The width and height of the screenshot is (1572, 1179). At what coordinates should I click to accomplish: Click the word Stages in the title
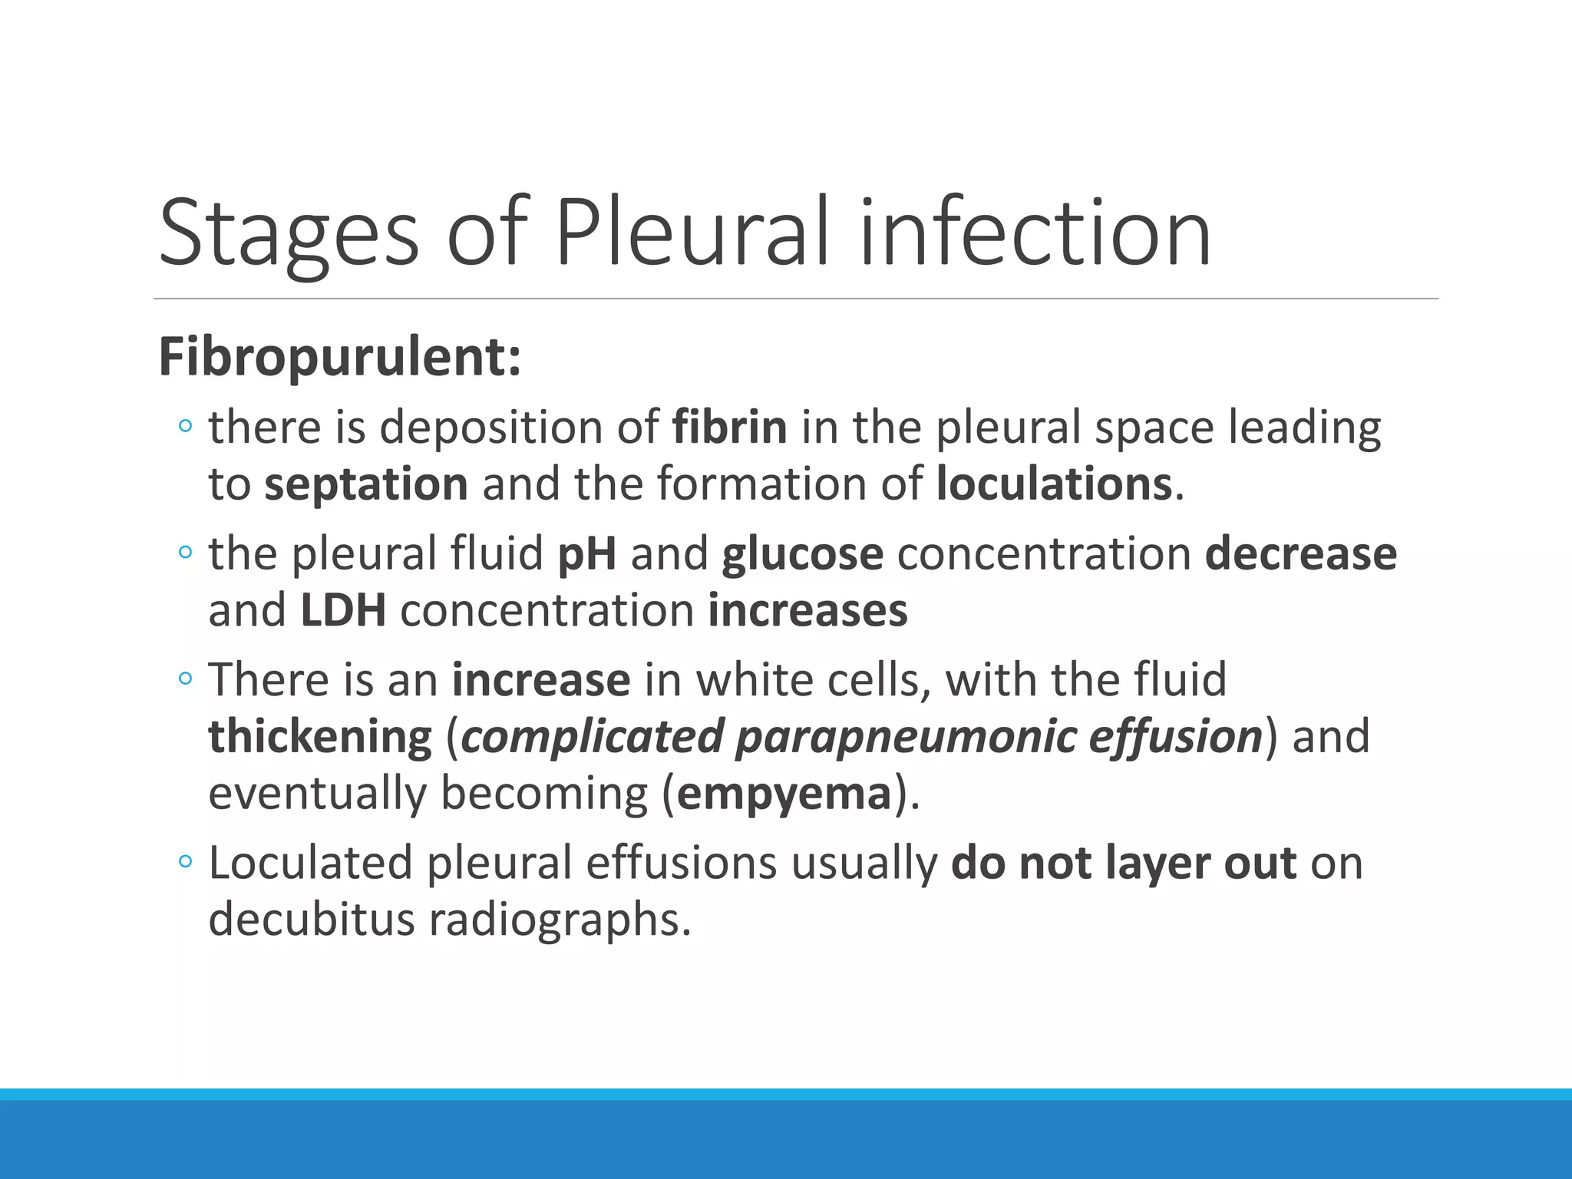(x=289, y=234)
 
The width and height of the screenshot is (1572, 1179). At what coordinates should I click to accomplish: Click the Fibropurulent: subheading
(x=339, y=358)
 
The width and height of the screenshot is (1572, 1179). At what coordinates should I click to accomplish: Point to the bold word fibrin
(x=729, y=428)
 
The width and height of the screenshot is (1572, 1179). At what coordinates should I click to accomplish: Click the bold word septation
(x=366, y=485)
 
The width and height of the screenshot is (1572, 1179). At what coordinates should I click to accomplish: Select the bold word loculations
(x=1054, y=485)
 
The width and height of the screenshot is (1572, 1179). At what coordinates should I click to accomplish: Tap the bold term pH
(x=587, y=554)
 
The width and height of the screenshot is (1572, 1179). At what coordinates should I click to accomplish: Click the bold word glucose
(x=802, y=554)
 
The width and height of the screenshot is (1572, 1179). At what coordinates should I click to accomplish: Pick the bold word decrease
(x=1300, y=554)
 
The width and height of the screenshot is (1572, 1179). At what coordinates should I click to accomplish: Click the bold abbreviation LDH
(x=343, y=611)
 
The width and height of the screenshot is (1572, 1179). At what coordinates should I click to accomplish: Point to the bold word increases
(x=807, y=611)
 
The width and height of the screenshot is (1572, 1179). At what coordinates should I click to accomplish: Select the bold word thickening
(x=320, y=736)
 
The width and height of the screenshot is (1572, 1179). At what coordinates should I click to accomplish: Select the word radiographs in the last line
(x=560, y=920)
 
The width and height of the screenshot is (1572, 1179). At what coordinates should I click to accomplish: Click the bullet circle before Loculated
(x=185, y=861)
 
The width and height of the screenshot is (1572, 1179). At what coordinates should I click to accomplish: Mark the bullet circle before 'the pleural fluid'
(x=185, y=552)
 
